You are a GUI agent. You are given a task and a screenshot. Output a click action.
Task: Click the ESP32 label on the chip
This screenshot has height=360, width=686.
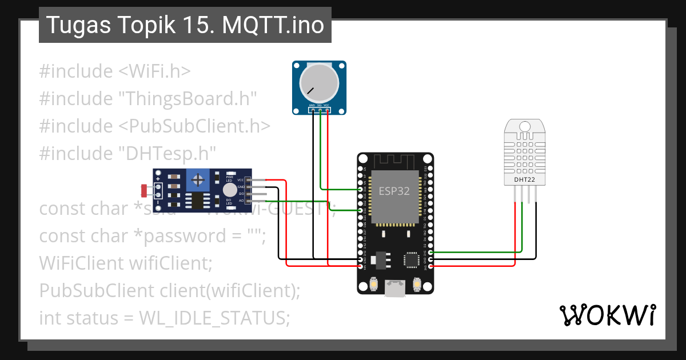(x=394, y=191)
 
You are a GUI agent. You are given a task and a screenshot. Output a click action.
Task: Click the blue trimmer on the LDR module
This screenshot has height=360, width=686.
(x=198, y=181)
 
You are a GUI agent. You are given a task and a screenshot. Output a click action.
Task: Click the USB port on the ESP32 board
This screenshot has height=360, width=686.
(x=394, y=289)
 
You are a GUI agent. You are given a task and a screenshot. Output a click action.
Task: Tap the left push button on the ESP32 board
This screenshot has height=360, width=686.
(x=373, y=283)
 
